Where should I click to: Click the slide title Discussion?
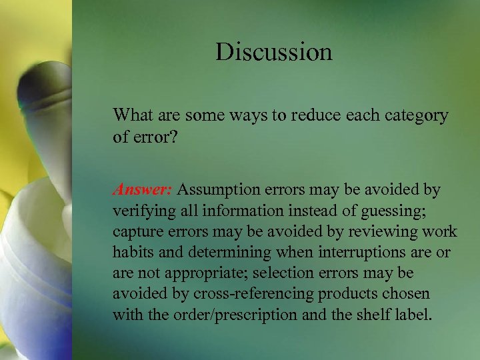[273, 51]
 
